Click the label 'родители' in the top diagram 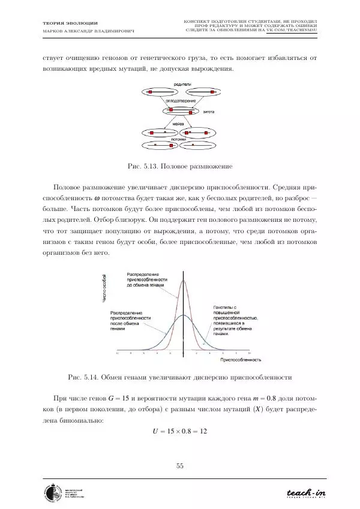tap(182, 85)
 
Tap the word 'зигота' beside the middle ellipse tap(209, 112)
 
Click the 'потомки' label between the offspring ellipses tap(179, 139)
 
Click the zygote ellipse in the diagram tap(179, 111)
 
